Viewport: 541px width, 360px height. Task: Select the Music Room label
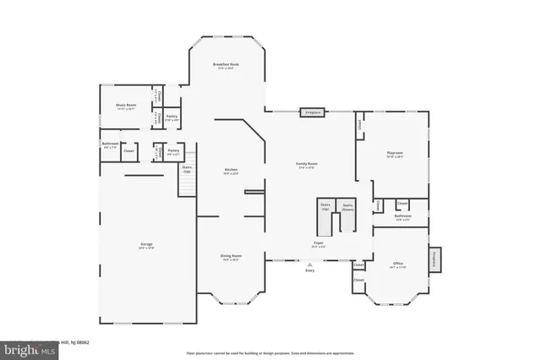[x=126, y=106]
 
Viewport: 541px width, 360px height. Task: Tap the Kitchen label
[x=231, y=170]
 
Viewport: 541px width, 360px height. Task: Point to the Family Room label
[x=306, y=163]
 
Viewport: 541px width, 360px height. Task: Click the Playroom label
[x=395, y=153]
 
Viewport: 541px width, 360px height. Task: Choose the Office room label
[x=398, y=265]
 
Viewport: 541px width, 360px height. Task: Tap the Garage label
[x=146, y=244]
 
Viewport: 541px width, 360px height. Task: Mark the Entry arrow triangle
[x=309, y=264]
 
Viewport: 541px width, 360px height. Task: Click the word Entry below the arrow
[x=309, y=270]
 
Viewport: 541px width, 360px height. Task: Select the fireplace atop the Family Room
[x=313, y=111]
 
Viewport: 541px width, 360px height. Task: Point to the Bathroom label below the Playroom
[x=403, y=216]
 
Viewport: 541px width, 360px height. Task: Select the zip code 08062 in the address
[x=82, y=342]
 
